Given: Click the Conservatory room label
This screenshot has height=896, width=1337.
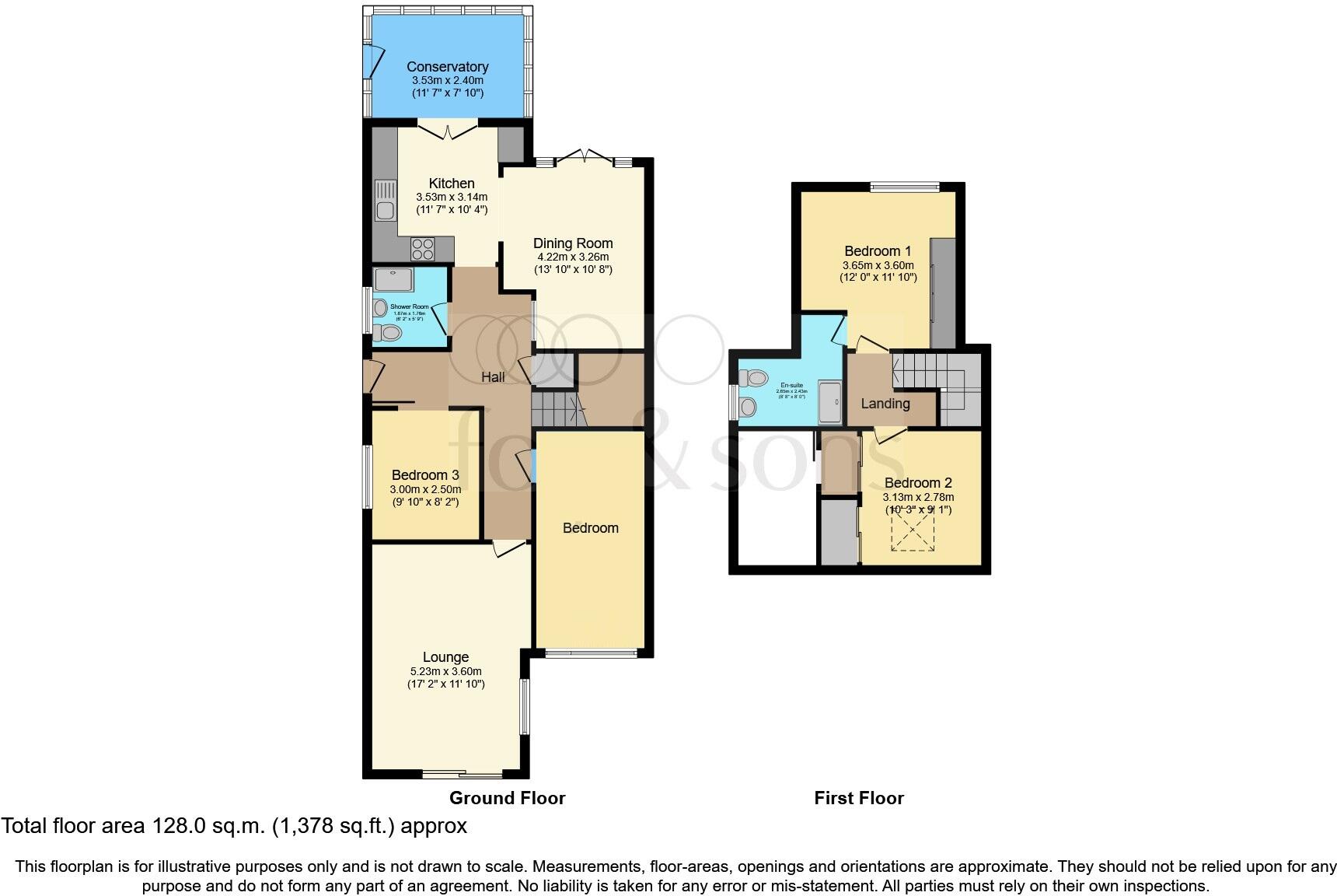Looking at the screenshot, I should click(x=447, y=67).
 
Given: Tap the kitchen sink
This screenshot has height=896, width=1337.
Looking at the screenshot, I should click(x=384, y=200).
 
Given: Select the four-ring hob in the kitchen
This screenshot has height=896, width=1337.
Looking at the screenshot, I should click(x=423, y=249).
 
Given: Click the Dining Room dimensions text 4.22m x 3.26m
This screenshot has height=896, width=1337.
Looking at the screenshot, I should click(x=573, y=257).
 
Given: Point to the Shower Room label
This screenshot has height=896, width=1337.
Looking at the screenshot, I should click(x=409, y=307).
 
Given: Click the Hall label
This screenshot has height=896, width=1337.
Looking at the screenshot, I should click(x=493, y=377).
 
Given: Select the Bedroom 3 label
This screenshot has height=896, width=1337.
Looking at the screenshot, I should click(x=425, y=475).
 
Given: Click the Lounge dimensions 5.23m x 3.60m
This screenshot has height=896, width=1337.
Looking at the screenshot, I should click(x=446, y=671).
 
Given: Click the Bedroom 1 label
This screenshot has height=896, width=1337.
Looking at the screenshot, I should click(x=878, y=251).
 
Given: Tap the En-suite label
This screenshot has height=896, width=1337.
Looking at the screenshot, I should click(x=791, y=385).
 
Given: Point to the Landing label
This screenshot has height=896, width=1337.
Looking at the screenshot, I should click(x=885, y=404).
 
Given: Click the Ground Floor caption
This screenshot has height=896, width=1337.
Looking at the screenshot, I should click(x=507, y=798).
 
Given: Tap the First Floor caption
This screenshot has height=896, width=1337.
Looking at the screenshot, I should click(x=859, y=798).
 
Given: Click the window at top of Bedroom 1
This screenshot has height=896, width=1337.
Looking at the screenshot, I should click(x=905, y=187).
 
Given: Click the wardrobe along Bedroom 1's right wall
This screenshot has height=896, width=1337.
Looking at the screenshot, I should click(x=943, y=293).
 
